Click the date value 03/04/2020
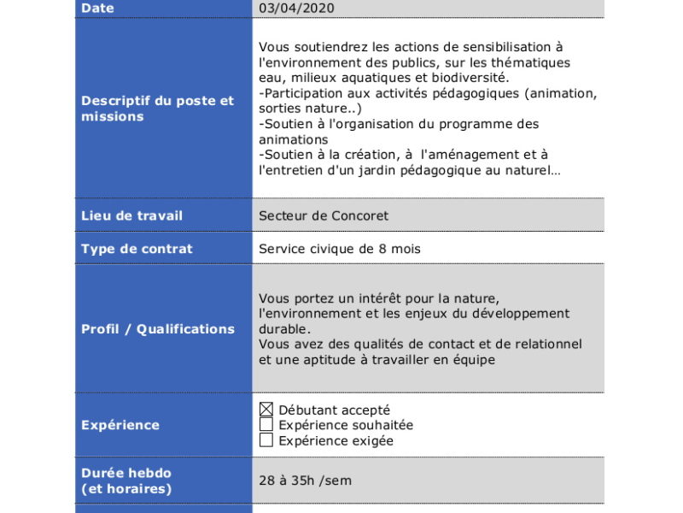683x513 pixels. coord(296,9)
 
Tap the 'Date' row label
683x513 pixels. coord(97,9)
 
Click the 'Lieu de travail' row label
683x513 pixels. coord(131,215)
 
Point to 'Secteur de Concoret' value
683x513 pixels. coord(318,215)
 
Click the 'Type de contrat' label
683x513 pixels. coord(137,249)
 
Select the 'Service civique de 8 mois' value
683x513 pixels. coord(340,249)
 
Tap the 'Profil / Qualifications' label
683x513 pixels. coord(158,329)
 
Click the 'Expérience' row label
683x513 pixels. coord(120,425)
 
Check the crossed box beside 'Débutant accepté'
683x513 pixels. coord(266,410)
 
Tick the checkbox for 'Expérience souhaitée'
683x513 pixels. coord(266,425)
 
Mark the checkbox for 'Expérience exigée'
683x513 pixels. coord(266,440)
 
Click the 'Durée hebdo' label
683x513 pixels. coord(126,473)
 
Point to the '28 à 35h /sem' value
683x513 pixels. coord(305,481)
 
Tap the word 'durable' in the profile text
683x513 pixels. coord(284,329)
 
